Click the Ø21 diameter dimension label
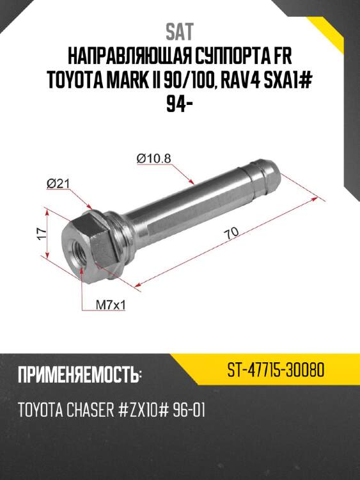58,184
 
